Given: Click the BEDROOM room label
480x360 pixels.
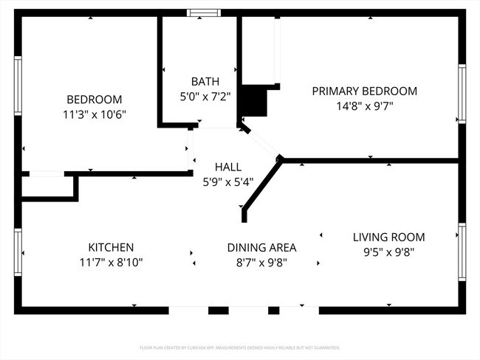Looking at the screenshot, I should (x=95, y=100).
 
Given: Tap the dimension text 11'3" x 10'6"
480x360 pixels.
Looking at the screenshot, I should (x=95, y=114).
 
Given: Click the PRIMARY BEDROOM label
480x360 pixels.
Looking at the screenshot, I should (x=364, y=91).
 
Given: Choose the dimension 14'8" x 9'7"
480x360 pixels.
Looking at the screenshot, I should (x=364, y=105).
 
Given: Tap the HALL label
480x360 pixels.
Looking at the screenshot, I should (x=228, y=167).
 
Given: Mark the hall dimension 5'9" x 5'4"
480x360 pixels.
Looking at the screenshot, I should (x=228, y=181).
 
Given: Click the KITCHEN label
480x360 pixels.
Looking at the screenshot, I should (x=111, y=247).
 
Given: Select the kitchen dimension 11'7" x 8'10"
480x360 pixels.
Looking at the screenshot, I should (x=111, y=262).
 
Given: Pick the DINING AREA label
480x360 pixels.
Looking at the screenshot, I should (x=261, y=247).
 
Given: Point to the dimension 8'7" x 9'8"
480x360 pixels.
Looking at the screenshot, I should (x=261, y=262).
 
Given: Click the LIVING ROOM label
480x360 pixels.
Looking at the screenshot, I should (x=388, y=237).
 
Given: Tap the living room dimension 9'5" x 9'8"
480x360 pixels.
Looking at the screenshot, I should (x=388, y=252).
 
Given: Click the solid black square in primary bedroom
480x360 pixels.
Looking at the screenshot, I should (x=254, y=102).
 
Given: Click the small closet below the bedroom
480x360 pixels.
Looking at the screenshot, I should (x=48, y=187).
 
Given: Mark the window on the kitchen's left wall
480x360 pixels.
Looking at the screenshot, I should (x=18, y=252).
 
